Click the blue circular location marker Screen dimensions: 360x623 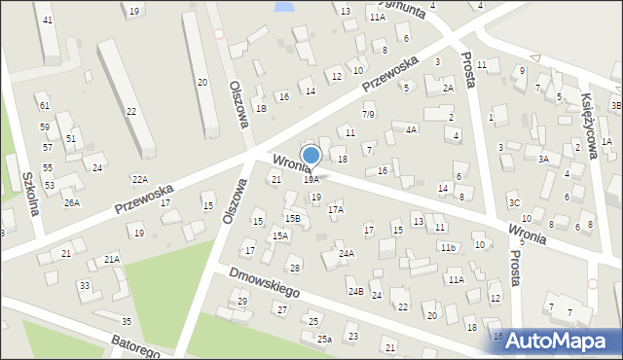(x=311, y=155)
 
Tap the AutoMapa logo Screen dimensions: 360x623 (x=554, y=340)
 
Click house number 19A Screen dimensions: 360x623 (x=311, y=179)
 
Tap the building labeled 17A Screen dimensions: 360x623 (x=336, y=209)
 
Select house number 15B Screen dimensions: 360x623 (x=291, y=218)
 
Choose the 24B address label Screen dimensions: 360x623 (x=355, y=291)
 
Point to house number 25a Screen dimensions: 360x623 (x=324, y=339)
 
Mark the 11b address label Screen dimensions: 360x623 (x=447, y=248)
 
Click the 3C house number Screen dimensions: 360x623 (x=513, y=202)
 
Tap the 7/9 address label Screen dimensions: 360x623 (x=368, y=115)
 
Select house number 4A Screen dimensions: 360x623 (x=412, y=129)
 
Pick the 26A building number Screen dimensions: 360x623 (x=71, y=202)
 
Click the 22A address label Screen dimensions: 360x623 (x=140, y=179)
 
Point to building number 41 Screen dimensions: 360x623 (x=48, y=20)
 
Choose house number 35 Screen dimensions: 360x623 (x=126, y=321)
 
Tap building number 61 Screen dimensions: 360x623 (x=44, y=105)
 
